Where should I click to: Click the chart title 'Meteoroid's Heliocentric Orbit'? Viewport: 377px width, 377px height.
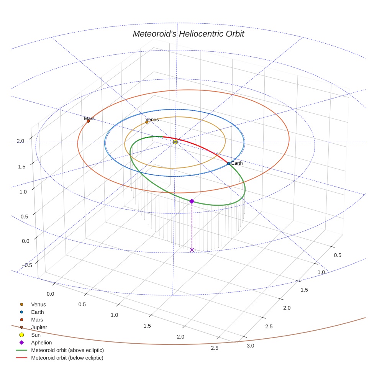[188, 34]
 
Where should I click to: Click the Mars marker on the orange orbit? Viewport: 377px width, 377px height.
[88, 121]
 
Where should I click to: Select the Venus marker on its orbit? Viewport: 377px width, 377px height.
[147, 122]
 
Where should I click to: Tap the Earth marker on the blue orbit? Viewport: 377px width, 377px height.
[229, 164]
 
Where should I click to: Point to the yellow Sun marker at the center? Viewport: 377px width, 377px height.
[175, 142]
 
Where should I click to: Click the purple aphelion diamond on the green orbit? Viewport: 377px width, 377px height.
[192, 201]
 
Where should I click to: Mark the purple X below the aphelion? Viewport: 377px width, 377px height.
[192, 250]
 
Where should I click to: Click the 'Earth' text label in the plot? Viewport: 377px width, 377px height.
[237, 163]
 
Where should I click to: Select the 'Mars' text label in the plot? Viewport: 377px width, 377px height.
[89, 118]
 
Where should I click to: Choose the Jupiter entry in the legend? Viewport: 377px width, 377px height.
[39, 327]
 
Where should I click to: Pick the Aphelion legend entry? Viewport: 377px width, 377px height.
[41, 343]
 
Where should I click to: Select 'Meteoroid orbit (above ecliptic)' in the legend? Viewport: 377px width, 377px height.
[67, 350]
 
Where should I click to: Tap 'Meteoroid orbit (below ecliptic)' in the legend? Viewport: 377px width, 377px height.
[67, 358]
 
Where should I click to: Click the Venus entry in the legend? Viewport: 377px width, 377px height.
[38, 304]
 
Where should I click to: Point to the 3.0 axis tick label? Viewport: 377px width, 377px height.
[251, 346]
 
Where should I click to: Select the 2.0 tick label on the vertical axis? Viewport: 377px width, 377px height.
[20, 141]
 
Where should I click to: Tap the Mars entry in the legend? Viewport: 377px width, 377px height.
[37, 320]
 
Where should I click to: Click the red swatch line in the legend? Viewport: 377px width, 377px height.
[21, 358]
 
